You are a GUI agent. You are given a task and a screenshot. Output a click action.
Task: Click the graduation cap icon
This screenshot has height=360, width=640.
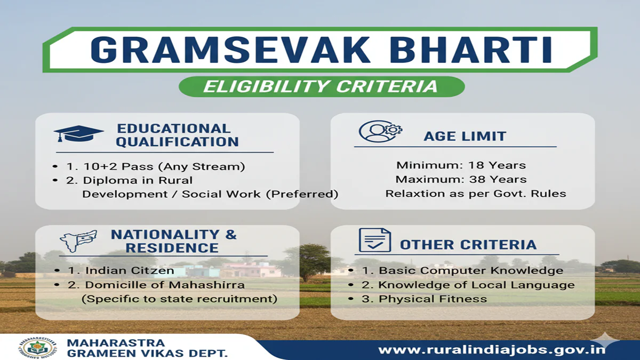78,134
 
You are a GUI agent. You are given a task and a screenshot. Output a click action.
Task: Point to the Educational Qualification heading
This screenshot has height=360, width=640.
177,135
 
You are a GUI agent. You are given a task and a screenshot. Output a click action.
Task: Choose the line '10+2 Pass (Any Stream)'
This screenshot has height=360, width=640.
155,166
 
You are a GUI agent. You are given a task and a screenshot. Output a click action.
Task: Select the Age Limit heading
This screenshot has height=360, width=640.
465,136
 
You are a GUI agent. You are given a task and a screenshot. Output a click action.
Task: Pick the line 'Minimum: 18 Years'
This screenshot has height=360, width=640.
461,165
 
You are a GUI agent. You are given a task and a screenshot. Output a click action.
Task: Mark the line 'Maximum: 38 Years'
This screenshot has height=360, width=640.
461,179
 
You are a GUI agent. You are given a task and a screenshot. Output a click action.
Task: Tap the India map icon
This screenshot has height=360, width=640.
78,241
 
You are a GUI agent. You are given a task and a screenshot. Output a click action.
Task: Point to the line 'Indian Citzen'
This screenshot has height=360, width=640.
122,270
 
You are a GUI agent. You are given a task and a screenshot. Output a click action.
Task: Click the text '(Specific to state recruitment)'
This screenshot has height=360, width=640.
179,299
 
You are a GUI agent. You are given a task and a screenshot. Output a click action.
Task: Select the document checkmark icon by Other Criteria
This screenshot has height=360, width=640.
374,241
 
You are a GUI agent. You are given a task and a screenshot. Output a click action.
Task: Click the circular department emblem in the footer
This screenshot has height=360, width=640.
39,347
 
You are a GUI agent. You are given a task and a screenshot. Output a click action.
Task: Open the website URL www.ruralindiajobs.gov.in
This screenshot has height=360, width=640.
492,350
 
